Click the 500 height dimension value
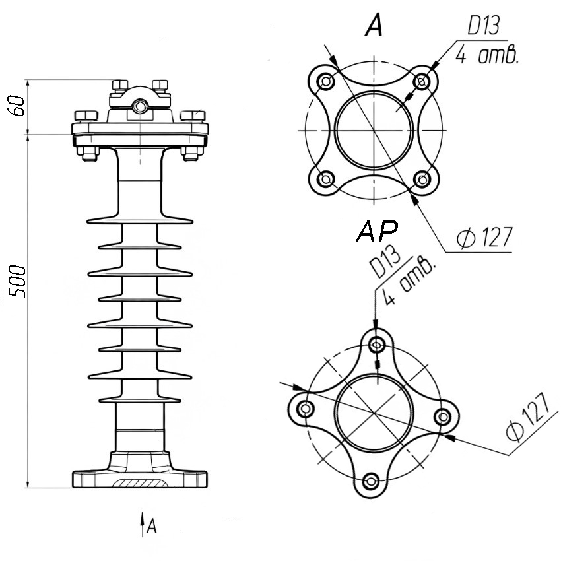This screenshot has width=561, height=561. [18, 281]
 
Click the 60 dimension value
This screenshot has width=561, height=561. [18, 106]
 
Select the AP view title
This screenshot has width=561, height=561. [377, 231]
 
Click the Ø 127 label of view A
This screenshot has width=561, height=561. [485, 236]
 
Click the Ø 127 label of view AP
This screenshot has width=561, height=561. [527, 416]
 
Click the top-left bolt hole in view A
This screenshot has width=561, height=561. [326, 82]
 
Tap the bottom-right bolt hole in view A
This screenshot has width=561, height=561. [422, 179]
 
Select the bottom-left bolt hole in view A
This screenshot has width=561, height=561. [326, 179]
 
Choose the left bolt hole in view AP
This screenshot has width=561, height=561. [305, 408]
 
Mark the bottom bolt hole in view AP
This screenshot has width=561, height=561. [370, 481]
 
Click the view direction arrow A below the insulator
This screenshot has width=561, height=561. [143, 525]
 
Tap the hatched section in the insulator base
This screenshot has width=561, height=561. [140, 482]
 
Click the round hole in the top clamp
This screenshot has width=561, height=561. [139, 106]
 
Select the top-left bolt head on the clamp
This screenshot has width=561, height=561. [120, 85]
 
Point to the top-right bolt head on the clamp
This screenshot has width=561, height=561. [160, 85]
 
